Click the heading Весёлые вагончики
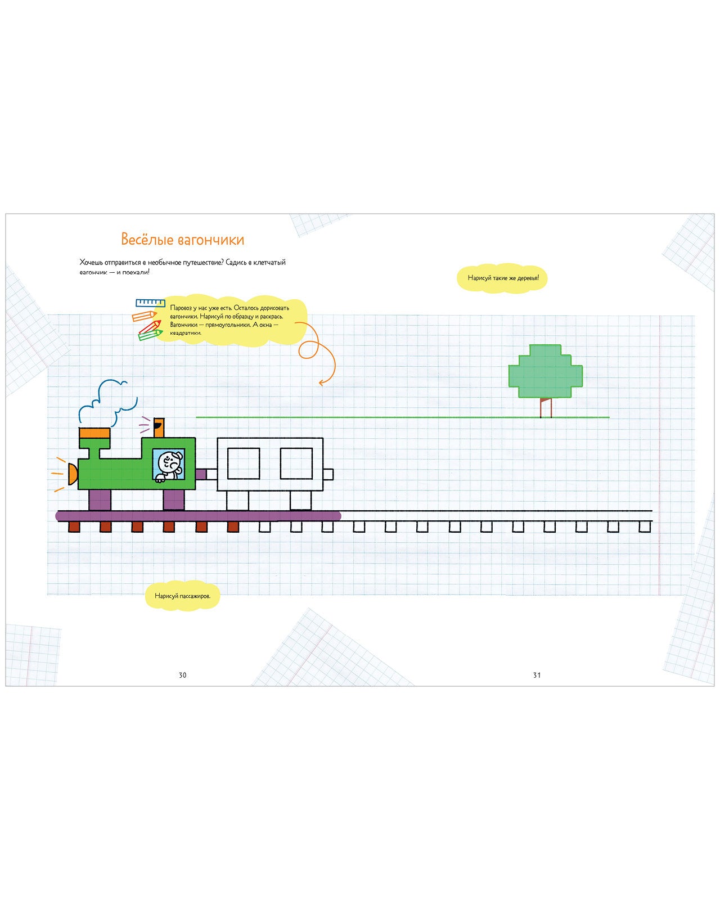pyautogui.click(x=183, y=240)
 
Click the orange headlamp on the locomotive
pyautogui.click(x=73, y=474)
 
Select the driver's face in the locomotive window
pyautogui.click(x=168, y=463)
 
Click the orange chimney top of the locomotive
pyautogui.click(x=94, y=433)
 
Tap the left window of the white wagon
pyautogui.click(x=244, y=463)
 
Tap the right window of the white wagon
pyautogui.click(x=296, y=463)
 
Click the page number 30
pyautogui.click(x=182, y=675)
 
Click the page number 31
pyautogui.click(x=537, y=675)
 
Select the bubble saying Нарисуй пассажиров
pyautogui.click(x=182, y=596)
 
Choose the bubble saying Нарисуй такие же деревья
pyautogui.click(x=503, y=278)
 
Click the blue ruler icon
pyautogui.click(x=150, y=303)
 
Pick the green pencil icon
pyautogui.click(x=150, y=335)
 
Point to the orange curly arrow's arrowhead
pyautogui.click(x=322, y=382)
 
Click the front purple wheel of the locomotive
pyautogui.click(x=100, y=499)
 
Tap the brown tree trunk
pyautogui.click(x=546, y=408)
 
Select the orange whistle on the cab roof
pyautogui.click(x=159, y=427)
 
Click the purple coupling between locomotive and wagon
pyautogui.click(x=201, y=474)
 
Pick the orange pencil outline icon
pyautogui.click(x=145, y=316)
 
